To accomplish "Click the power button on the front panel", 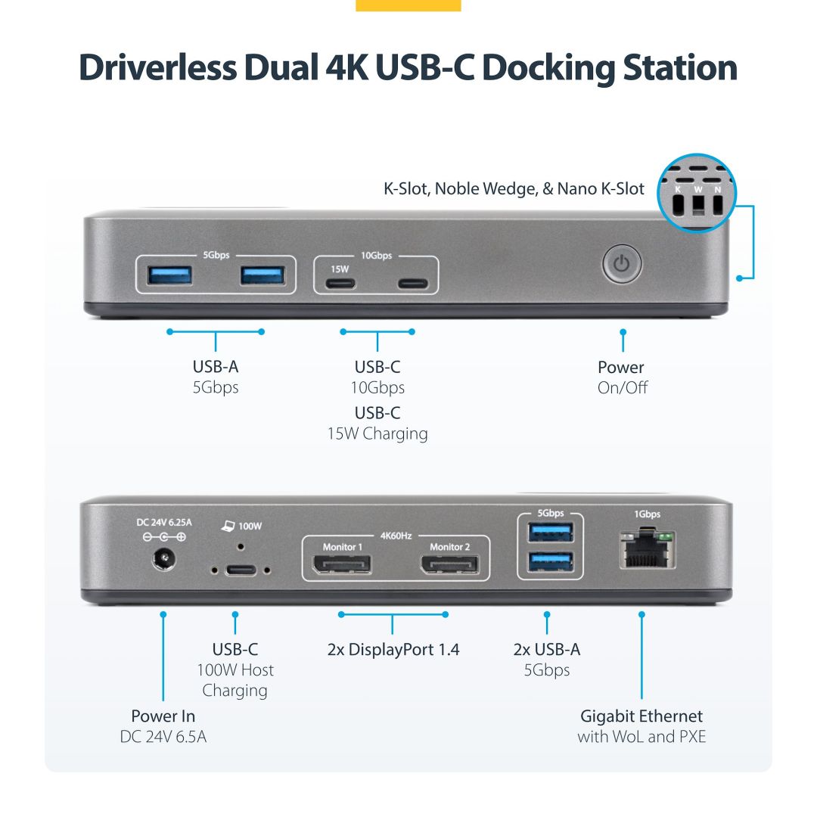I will pyautogui.click(x=622, y=265).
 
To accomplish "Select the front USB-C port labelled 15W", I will pyautogui.click(x=340, y=284).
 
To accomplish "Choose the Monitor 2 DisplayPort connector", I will pyautogui.click(x=450, y=564).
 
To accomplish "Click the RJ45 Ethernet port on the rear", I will pyautogui.click(x=647, y=551).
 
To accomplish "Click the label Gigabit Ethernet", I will pyautogui.click(x=641, y=716).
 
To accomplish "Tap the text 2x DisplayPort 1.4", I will pyautogui.click(x=393, y=649).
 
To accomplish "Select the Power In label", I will pyautogui.click(x=163, y=716).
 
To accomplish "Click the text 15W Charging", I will pyautogui.click(x=377, y=433).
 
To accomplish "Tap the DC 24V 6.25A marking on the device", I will pyautogui.click(x=164, y=522).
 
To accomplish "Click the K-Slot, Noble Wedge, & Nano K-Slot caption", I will pyautogui.click(x=514, y=189).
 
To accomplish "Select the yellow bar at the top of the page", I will pyautogui.click(x=408, y=5).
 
